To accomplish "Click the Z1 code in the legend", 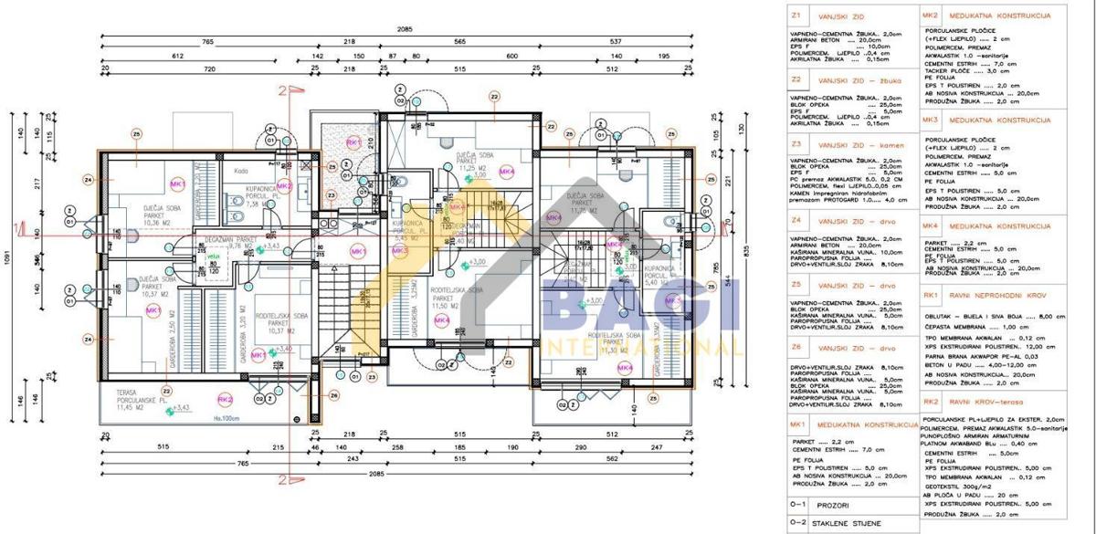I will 796,16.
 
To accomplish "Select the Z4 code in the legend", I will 796,221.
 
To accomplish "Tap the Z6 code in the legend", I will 796,347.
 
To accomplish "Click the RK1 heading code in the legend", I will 931,295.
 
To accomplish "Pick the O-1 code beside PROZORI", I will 797,503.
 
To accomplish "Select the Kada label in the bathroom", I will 241,171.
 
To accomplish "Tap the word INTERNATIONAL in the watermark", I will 639,347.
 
